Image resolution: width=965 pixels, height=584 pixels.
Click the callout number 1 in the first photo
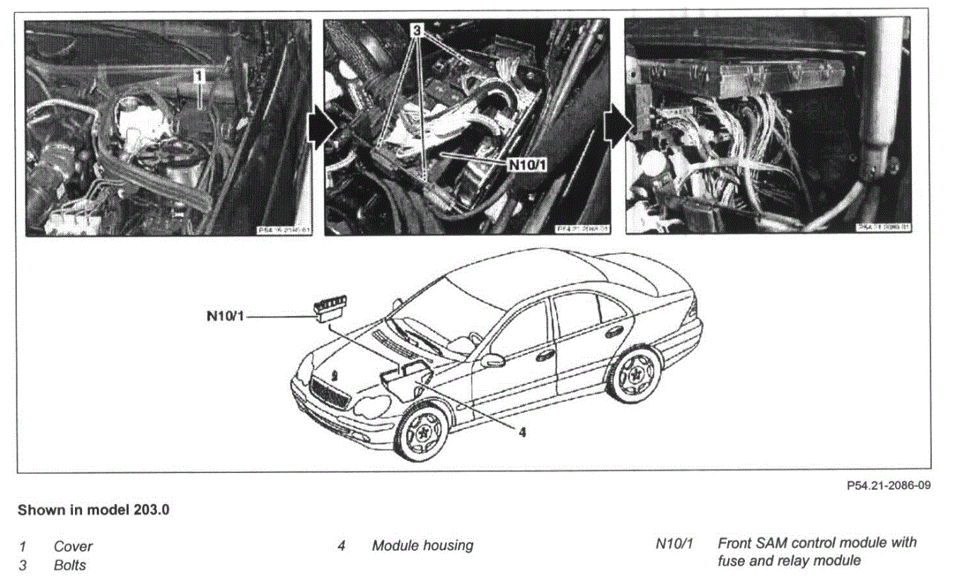coord(200,73)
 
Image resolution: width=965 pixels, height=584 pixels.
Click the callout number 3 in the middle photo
coord(418,30)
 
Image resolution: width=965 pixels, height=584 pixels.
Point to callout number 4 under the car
coord(521,432)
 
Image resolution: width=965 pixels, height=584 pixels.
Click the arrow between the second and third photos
coord(618,127)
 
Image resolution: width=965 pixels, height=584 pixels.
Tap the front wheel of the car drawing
coord(422,432)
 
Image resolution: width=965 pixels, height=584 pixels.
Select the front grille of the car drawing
coord(330,393)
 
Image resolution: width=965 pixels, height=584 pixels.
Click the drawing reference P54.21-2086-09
coord(888,486)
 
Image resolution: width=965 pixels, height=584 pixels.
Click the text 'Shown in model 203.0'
coord(93,510)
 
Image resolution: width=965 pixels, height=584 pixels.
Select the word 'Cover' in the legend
coord(73,547)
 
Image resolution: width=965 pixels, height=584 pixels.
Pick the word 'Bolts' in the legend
coord(70,565)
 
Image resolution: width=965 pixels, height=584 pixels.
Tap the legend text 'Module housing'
coord(422,546)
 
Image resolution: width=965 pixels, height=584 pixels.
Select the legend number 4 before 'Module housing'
coord(341,546)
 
